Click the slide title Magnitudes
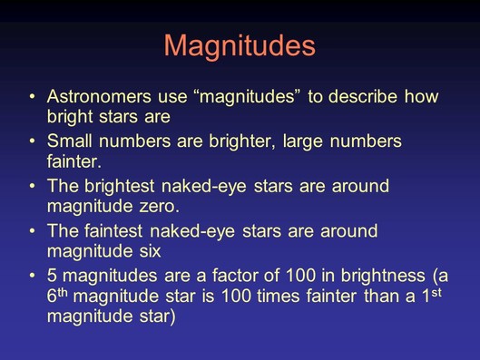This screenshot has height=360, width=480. (x=240, y=46)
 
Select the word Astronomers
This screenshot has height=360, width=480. (x=99, y=96)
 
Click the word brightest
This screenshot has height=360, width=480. (x=120, y=187)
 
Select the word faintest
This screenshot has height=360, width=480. (x=113, y=231)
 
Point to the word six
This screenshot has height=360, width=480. (x=150, y=251)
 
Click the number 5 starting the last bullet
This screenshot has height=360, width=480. (x=52, y=276)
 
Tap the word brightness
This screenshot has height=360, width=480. (x=383, y=277)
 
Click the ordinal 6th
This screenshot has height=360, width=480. (x=57, y=295)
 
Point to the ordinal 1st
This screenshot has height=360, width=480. (x=432, y=295)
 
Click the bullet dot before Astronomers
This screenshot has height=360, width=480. (x=33, y=97)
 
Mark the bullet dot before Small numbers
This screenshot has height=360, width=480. (x=33, y=141)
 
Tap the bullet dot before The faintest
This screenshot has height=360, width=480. (x=33, y=231)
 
